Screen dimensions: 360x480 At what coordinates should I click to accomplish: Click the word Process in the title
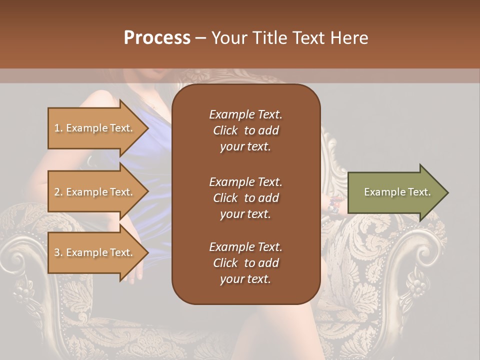(x=157, y=38)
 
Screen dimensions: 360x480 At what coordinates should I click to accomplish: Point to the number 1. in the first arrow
(x=58, y=128)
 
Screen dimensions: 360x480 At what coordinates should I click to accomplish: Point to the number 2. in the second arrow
(x=58, y=192)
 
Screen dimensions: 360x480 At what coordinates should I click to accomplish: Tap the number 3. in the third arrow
(x=58, y=252)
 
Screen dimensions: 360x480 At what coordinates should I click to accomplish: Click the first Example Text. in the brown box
(x=245, y=114)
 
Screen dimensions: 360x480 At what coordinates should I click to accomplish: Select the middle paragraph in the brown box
(x=245, y=197)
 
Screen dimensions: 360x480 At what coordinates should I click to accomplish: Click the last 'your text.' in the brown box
(x=245, y=279)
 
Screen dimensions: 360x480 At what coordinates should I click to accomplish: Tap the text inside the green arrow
(x=397, y=192)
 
